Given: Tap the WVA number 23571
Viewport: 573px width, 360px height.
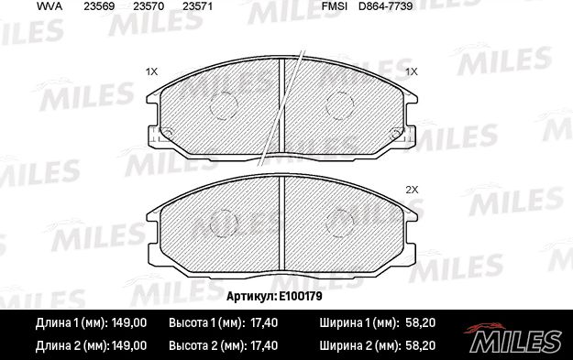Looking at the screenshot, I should pos(196,7).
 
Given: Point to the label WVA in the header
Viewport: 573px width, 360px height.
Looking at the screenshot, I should pos(50,7).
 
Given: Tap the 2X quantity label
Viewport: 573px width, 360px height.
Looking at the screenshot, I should pos(412,190).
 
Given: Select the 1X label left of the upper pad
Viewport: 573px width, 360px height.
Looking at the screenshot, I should pos(152,71).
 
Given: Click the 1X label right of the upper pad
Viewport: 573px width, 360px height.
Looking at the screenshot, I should pos(412,71).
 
